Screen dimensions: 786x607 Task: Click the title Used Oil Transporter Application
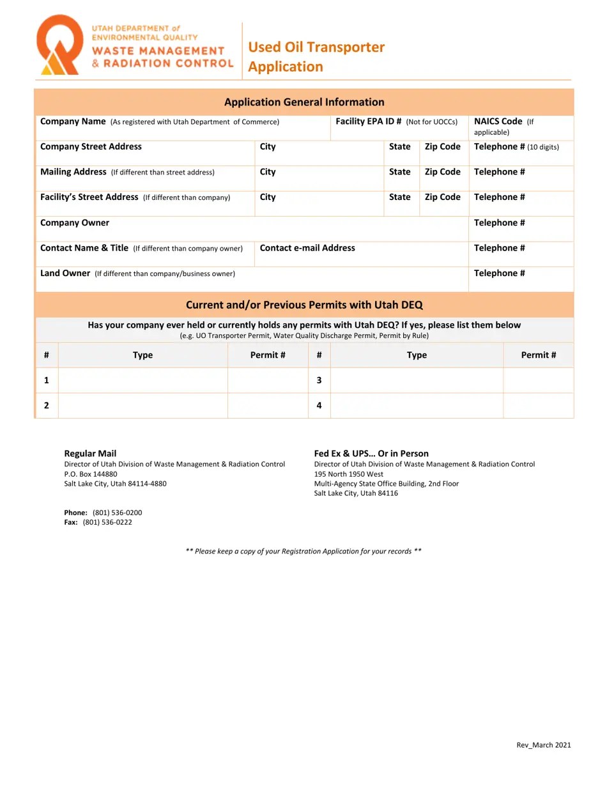coord(316,57)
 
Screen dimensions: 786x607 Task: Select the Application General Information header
coord(304,102)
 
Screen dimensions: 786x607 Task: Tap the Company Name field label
coord(73,121)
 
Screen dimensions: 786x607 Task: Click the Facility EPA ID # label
coord(368,121)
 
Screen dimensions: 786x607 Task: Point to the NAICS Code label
coord(498,121)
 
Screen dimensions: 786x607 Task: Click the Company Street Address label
coord(91,147)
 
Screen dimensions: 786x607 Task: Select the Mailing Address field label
coord(73,172)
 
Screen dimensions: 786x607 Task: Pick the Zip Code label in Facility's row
coord(442,197)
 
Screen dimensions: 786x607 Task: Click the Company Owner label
coord(75,223)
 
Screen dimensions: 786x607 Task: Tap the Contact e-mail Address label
coord(307,248)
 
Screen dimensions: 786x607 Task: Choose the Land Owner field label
coord(65,274)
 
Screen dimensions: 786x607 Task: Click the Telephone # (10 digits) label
coord(516,147)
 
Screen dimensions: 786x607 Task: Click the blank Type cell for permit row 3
coord(417,380)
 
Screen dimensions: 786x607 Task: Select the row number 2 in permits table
coord(47,405)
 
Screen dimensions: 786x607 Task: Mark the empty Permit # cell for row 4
coord(538,405)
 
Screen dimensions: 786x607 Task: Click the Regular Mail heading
coord(90,454)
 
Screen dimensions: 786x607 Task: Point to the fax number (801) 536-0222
coord(107,522)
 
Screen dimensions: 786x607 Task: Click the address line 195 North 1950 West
coord(349,474)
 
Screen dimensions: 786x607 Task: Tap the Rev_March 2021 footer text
coord(543,745)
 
